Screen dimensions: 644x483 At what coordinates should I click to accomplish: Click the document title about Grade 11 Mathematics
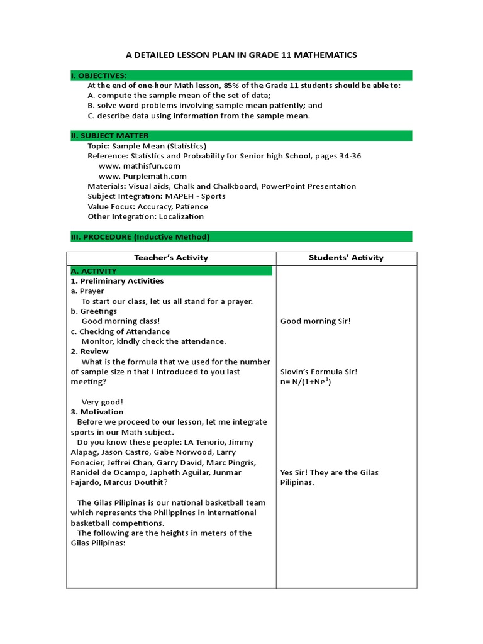pyautogui.click(x=241, y=55)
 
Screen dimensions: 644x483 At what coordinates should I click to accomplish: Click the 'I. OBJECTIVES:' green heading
pyautogui.click(x=99, y=75)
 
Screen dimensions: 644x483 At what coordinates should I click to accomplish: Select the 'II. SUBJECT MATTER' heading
pyautogui.click(x=109, y=136)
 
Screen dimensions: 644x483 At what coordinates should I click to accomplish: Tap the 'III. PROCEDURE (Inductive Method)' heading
pyautogui.click(x=140, y=237)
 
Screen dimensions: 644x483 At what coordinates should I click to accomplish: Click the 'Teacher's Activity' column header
pyautogui.click(x=171, y=258)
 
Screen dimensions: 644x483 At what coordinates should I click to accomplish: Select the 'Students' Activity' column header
pyautogui.click(x=346, y=258)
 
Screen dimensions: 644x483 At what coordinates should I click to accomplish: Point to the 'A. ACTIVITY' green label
pyautogui.click(x=94, y=271)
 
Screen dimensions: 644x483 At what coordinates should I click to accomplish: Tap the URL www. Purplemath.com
pyautogui.click(x=143, y=176)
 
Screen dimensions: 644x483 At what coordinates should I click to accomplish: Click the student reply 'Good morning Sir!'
pyautogui.click(x=316, y=321)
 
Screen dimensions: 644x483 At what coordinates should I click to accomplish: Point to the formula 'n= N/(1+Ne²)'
pyautogui.click(x=306, y=382)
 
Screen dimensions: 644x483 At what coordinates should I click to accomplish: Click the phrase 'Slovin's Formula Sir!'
pyautogui.click(x=319, y=372)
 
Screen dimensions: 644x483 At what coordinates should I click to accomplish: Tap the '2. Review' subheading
pyautogui.click(x=89, y=352)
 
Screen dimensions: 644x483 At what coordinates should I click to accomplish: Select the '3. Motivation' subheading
pyautogui.click(x=97, y=412)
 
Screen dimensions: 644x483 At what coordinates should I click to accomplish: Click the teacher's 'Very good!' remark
pyautogui.click(x=103, y=402)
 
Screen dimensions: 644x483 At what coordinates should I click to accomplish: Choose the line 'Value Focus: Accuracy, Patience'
pyautogui.click(x=148, y=206)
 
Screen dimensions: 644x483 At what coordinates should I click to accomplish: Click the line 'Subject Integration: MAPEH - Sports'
pyautogui.click(x=157, y=196)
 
